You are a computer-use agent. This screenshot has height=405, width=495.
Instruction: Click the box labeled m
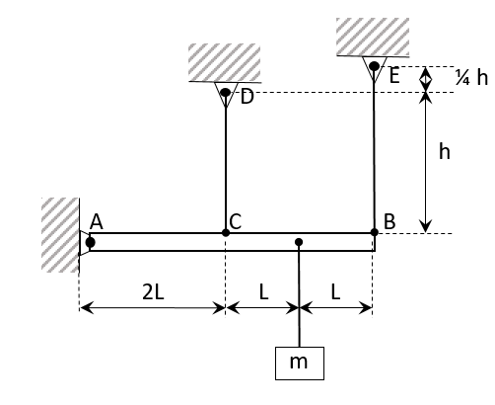point(299,363)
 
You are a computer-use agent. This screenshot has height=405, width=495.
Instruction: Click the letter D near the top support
point(247,97)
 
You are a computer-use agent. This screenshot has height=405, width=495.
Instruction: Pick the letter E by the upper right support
point(394,75)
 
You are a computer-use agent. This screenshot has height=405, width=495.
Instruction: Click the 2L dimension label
point(154,291)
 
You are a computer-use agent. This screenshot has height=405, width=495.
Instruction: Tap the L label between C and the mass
point(262,291)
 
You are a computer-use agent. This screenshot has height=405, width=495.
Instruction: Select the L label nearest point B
point(336,291)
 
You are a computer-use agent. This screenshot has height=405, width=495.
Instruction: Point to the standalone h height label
point(445,151)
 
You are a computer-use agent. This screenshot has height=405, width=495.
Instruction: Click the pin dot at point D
point(225,94)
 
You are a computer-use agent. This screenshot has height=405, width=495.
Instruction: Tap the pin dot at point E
point(374,66)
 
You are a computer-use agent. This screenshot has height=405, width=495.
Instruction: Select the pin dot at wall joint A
point(90,242)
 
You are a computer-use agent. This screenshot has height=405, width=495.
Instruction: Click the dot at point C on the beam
point(226,232)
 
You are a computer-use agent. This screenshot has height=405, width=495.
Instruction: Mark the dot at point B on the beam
point(374,232)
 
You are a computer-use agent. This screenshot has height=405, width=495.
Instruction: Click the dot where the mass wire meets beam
point(299,242)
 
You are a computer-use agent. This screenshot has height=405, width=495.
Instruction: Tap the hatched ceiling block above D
point(225,62)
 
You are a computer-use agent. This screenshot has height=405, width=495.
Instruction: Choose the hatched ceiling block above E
point(372,37)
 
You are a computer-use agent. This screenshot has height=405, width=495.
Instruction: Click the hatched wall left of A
point(60,234)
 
